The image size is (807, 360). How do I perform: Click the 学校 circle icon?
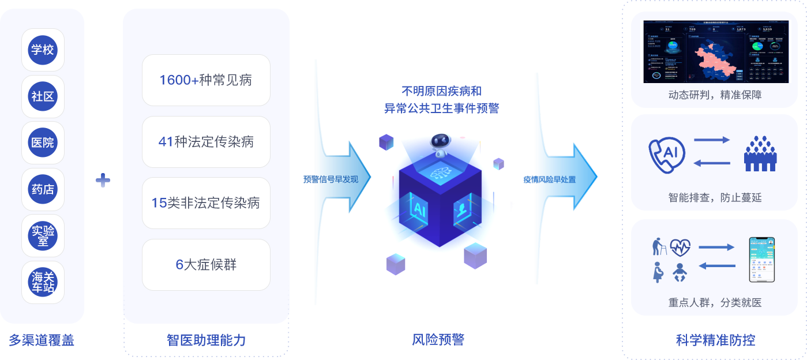tap(43, 50)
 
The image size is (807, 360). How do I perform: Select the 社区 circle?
tap(43, 96)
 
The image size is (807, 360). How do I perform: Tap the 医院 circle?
tap(43, 142)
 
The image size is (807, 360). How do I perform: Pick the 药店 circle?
tap(43, 189)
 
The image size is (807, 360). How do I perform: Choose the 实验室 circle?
tap(43, 235)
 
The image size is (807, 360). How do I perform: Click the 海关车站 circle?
tap(43, 282)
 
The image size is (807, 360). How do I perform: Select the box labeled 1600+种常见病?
tap(206, 80)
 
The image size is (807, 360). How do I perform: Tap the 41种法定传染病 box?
tap(206, 142)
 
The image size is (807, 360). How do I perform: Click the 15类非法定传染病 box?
tap(206, 203)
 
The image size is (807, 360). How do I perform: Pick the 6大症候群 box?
tap(206, 265)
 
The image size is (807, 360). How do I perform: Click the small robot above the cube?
tap(440, 145)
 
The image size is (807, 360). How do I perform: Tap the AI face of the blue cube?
tap(419, 208)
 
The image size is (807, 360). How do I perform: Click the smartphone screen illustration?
tap(761, 260)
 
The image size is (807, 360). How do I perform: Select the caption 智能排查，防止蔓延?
tap(715, 198)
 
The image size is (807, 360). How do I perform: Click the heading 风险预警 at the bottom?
tap(438, 339)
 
